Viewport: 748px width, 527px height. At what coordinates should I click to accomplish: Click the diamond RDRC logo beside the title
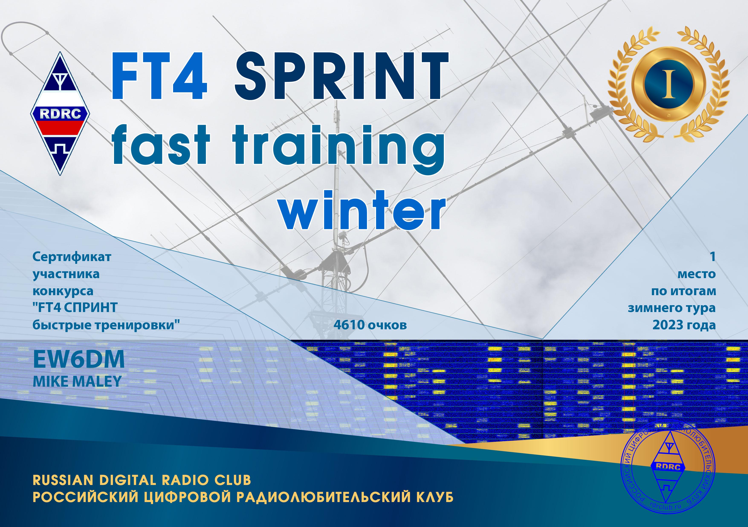pyautogui.click(x=60, y=114)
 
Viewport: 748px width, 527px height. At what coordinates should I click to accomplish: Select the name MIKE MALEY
pyautogui.click(x=77, y=381)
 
